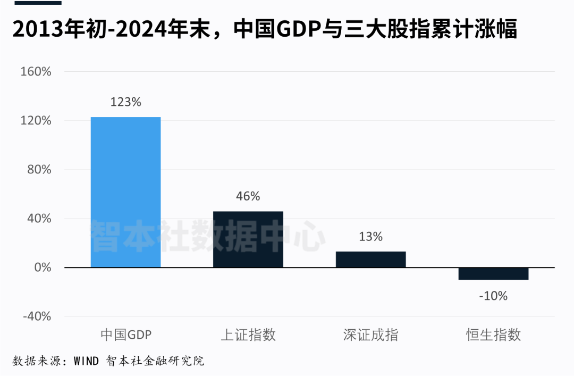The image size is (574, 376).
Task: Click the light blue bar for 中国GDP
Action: point(125,192)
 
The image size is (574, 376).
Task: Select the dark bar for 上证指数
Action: point(248,239)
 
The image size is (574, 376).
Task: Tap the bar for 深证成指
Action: point(370,260)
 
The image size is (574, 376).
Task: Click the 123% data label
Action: point(125,102)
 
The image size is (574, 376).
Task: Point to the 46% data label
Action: point(248,196)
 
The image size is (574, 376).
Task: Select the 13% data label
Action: point(370,237)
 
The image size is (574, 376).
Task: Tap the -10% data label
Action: point(493,296)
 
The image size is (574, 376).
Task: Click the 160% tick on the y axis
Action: point(36,72)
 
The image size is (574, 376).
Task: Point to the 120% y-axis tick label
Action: point(36,121)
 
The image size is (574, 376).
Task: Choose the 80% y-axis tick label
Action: point(39,170)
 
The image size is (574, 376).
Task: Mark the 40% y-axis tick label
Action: point(39,219)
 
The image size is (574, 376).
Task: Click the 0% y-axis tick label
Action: point(42,268)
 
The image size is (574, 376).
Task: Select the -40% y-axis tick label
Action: point(37,316)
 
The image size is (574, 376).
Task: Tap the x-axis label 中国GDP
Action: point(125,335)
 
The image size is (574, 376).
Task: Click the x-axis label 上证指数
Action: point(248,335)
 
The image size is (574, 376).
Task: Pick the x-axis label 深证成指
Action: point(370,335)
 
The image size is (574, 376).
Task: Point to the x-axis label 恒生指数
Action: point(493,335)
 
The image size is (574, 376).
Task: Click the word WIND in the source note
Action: point(86,362)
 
